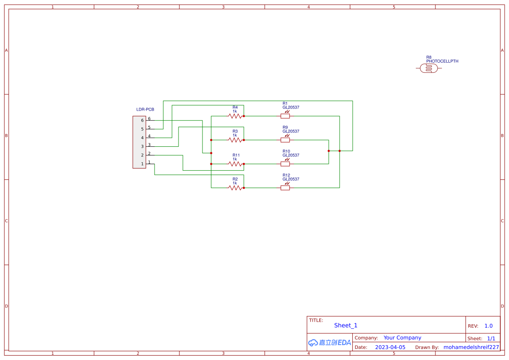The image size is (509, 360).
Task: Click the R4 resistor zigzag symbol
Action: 235,116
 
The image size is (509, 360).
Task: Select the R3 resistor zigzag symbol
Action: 235,140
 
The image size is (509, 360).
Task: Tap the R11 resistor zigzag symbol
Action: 235,164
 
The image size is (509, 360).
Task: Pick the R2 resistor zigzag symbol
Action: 235,188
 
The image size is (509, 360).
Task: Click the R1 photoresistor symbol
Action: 285,116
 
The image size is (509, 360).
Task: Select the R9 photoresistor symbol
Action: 285,140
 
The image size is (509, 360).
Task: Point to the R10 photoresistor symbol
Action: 285,164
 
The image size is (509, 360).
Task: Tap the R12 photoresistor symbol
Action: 285,188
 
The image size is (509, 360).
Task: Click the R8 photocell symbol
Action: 429,68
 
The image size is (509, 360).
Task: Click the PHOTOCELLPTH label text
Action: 442,61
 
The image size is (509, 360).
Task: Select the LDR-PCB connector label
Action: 145,109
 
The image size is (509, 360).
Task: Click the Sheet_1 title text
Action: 346,325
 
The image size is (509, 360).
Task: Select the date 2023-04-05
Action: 390,347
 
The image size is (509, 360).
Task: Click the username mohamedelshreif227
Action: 471,347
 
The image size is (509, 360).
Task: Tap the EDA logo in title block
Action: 329,343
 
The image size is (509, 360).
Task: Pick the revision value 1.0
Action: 488,326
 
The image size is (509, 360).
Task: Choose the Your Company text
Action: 402,338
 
